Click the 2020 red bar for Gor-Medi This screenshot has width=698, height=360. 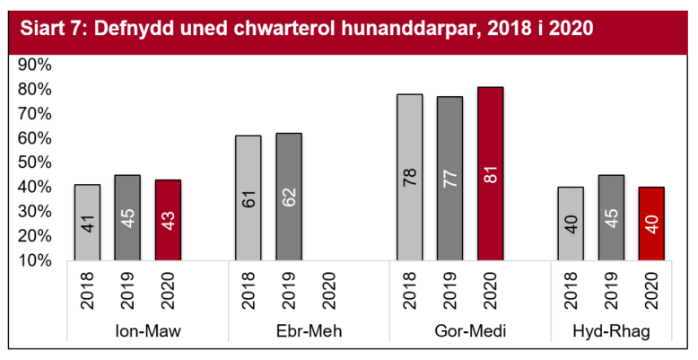[490, 174]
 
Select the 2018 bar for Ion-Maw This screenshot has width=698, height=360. [87, 223]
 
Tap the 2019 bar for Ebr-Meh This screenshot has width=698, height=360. [288, 198]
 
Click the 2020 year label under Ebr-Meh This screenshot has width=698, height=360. [328, 293]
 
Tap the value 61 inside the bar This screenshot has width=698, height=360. [249, 198]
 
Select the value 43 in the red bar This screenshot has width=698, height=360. [168, 221]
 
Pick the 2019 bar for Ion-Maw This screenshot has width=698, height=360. [127, 218]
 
